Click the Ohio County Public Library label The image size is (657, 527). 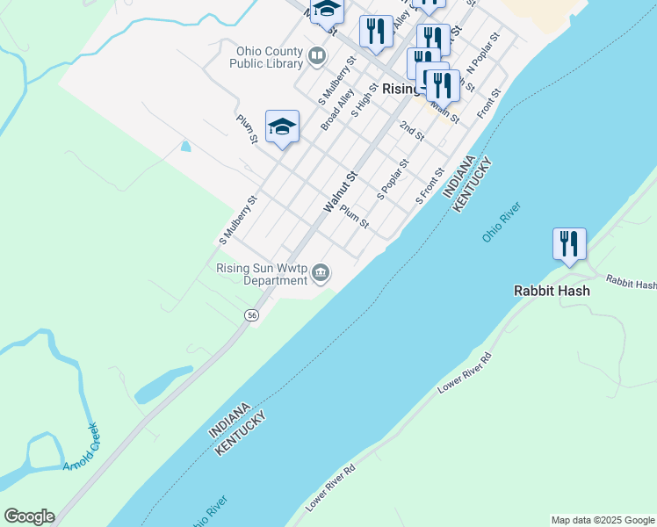point(266,57)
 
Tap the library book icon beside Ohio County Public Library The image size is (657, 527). point(317,58)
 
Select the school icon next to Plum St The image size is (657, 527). point(282,127)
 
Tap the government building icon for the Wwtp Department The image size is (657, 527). point(321,275)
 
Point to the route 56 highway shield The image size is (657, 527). point(252,315)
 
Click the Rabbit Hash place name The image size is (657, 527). point(551,291)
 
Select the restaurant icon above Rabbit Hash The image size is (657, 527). point(569,243)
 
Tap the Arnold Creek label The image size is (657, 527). point(81,447)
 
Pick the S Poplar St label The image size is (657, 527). point(393,178)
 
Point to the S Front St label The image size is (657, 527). point(430,186)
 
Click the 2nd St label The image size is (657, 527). point(411,132)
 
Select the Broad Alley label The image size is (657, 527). point(336,109)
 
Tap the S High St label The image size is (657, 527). point(363,102)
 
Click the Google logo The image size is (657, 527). point(29,516)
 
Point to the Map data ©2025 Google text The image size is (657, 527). point(603,520)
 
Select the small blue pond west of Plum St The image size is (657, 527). point(184,146)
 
